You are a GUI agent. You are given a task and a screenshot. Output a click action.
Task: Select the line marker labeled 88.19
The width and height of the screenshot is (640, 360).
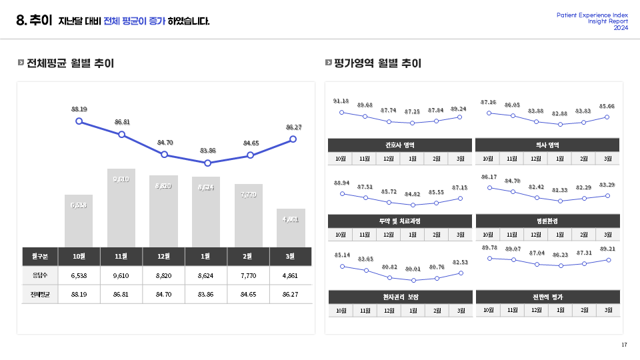(x=79, y=121)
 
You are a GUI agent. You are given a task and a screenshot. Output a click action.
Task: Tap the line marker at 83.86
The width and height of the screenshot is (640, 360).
(x=207, y=163)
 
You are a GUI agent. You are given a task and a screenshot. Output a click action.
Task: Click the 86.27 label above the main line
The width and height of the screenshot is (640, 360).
(x=293, y=127)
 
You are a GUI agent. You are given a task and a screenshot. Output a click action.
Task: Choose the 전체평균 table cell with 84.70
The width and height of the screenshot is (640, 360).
(x=165, y=293)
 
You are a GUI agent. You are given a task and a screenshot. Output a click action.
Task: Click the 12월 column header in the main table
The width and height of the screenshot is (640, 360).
(x=165, y=255)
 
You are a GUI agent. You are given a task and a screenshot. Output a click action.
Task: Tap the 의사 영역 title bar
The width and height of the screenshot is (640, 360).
(x=547, y=145)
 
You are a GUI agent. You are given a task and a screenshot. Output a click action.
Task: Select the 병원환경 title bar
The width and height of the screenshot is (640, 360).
(x=547, y=221)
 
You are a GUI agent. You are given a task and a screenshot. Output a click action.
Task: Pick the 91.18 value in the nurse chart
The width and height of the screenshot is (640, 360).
(x=341, y=101)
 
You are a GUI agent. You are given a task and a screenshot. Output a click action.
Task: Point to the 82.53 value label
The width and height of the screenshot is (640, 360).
(x=460, y=263)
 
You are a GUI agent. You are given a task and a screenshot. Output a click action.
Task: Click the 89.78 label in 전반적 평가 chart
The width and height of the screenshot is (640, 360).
(x=489, y=248)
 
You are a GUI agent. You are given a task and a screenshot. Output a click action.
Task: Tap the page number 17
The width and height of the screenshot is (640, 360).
(x=624, y=345)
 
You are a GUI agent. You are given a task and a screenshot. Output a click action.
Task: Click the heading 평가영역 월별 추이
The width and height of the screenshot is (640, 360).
(x=377, y=63)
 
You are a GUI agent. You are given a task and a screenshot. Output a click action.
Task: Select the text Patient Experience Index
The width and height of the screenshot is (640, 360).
(x=592, y=15)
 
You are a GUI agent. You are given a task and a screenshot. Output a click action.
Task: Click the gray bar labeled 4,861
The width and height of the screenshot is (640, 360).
(x=291, y=228)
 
